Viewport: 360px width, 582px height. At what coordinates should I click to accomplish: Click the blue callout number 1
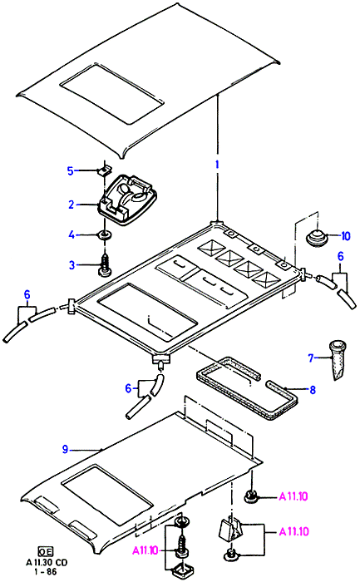click(218, 165)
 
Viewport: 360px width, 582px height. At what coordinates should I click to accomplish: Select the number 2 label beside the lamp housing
click(72, 205)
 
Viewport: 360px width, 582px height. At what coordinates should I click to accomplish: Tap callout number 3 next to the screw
click(72, 265)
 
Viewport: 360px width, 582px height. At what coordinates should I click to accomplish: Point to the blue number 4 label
click(72, 234)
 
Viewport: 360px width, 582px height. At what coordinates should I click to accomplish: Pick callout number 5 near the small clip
click(71, 171)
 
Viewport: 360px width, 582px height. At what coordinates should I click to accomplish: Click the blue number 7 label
click(311, 358)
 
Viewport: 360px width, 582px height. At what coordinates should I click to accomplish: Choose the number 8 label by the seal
click(313, 390)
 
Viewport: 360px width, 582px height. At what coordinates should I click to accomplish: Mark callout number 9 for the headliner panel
click(66, 450)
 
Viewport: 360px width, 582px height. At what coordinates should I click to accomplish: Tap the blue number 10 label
click(345, 235)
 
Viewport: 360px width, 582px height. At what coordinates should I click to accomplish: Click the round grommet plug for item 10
click(317, 238)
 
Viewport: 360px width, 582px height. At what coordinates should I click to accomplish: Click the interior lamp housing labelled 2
click(126, 200)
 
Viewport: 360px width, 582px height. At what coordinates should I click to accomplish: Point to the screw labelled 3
click(105, 266)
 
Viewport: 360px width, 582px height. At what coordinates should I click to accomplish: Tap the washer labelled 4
click(105, 235)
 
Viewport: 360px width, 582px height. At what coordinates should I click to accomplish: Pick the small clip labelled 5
click(104, 170)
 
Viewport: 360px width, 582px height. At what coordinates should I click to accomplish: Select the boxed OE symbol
click(46, 551)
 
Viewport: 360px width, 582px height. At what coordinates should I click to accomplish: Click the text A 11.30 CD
click(47, 562)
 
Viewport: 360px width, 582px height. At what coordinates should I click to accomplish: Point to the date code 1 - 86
click(47, 572)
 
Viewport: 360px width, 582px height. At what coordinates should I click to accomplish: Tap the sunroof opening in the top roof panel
click(111, 94)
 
